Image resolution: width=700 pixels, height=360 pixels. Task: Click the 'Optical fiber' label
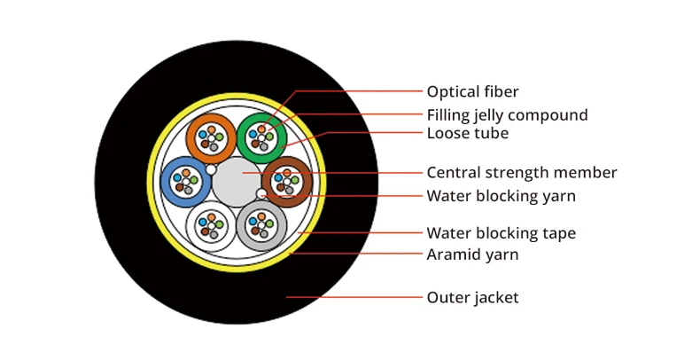[x=472, y=91]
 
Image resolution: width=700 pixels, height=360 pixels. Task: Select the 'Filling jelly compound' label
[x=507, y=115]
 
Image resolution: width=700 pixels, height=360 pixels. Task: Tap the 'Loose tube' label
[x=467, y=133]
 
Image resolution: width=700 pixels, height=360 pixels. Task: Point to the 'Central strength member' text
[x=521, y=172]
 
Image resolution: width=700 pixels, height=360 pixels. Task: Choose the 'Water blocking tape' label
[x=501, y=233]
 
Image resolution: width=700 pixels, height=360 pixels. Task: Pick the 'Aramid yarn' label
[x=472, y=254]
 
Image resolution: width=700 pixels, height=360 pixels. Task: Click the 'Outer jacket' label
[x=472, y=297]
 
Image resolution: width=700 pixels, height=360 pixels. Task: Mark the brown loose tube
[x=286, y=181]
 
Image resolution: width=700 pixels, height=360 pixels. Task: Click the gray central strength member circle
[x=236, y=181]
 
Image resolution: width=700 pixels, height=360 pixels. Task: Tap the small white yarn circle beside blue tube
[x=211, y=168]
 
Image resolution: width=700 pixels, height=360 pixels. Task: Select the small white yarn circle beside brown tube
[x=261, y=193]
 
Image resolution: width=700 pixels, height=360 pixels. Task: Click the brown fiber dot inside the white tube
[x=206, y=231]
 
